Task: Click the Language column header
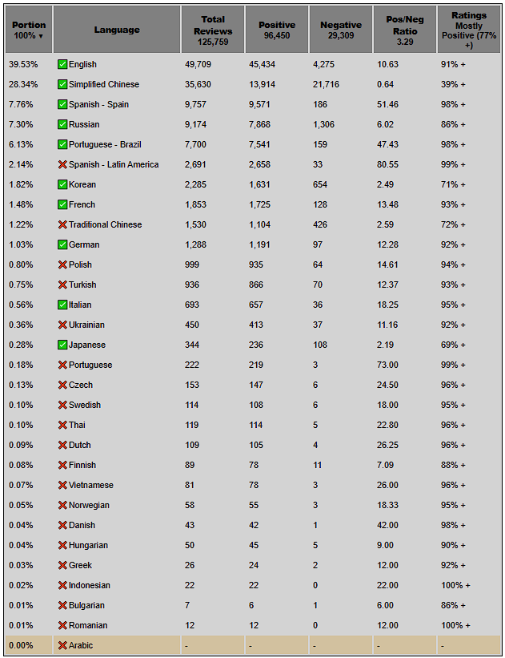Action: [117, 30]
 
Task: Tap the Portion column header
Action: [28, 30]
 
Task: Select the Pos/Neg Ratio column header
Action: [405, 30]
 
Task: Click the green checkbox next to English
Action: [62, 64]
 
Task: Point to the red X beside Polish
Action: [62, 264]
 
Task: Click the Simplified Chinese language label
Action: [103, 84]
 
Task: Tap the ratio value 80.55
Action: [388, 164]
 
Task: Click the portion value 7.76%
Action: [22, 104]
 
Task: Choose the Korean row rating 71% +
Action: [452, 184]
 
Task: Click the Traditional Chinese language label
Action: [105, 224]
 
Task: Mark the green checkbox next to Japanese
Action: [62, 345]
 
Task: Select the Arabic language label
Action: [81, 645]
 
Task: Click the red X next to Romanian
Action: [62, 625]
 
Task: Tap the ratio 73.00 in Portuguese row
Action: [388, 365]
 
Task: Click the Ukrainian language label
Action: [86, 325]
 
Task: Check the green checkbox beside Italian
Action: [62, 305]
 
